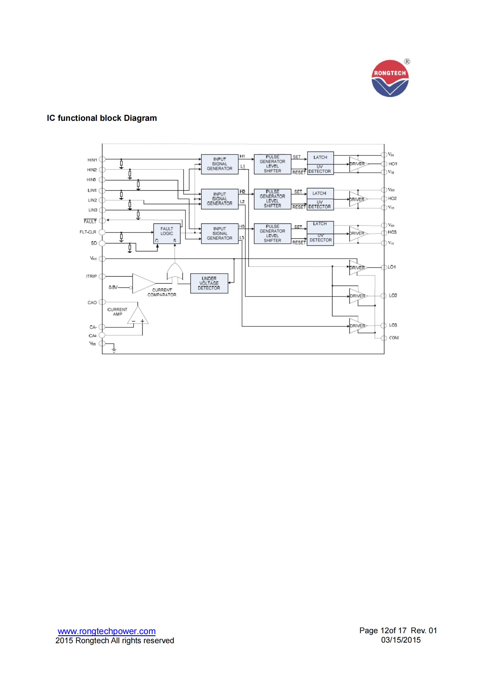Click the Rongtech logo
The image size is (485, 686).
[390, 78]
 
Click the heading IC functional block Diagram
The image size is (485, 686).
[102, 118]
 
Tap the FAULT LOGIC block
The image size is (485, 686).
[167, 233]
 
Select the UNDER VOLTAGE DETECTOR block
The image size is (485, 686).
[209, 283]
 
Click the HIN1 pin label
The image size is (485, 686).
[92, 160]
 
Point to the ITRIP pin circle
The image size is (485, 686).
[102, 276]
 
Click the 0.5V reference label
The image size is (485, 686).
[113, 287]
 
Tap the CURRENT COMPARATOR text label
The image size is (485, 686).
[162, 292]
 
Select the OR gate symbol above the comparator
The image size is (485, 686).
[175, 271]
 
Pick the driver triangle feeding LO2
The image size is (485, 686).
[357, 296]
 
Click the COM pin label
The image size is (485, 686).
[393, 338]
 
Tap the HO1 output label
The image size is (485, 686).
[393, 164]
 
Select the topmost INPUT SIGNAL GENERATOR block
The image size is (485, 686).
[220, 164]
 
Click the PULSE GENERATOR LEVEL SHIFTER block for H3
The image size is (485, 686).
[272, 233]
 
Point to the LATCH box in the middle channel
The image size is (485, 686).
[320, 193]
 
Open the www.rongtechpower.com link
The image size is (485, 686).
[107, 631]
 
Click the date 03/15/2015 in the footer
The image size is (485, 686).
[400, 640]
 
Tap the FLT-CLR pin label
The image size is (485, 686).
[88, 232]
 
